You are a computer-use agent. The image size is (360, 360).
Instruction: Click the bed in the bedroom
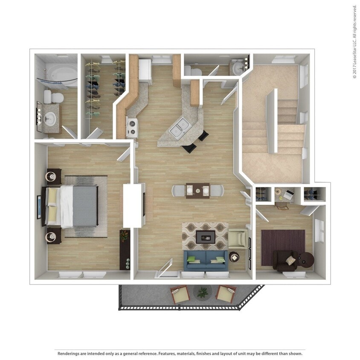tap(76, 206)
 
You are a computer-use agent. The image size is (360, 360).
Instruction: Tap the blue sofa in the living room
tap(206, 260)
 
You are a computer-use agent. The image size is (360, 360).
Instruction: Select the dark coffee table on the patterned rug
tap(205, 236)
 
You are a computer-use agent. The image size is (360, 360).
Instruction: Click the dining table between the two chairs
tap(197, 190)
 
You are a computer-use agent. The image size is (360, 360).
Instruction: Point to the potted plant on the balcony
tap(202, 292)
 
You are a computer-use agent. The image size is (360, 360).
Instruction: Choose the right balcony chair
tap(225, 294)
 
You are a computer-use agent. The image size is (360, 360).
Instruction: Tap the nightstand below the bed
tap(53, 235)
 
